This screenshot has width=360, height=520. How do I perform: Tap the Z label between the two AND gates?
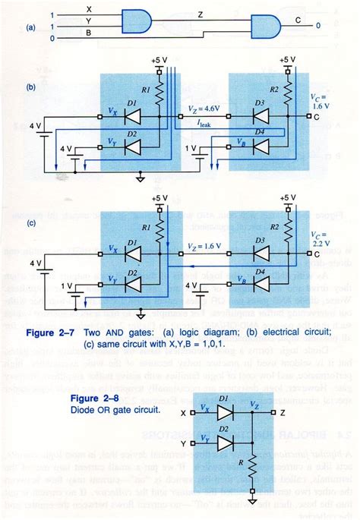(200, 15)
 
